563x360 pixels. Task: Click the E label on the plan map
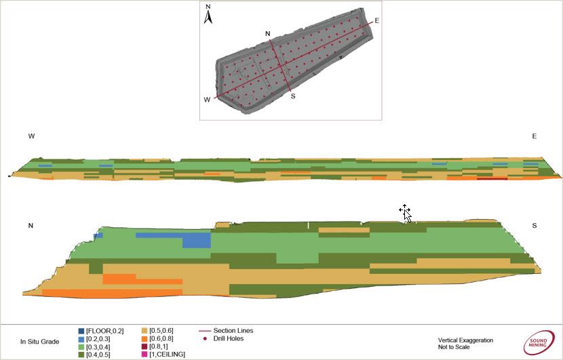pos(376,20)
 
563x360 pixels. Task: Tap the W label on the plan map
pos(207,100)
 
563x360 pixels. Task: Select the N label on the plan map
pos(268,33)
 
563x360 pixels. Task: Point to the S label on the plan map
pos(293,96)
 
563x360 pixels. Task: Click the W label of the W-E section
pos(31,136)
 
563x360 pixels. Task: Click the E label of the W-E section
pos(534,136)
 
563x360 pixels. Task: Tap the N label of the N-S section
pos(31,226)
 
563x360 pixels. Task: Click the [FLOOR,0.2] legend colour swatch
pos(81,331)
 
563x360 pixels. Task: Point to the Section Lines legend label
pos(233,330)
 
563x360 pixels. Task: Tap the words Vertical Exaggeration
pos(465,340)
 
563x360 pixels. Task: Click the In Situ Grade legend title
pos(39,342)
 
